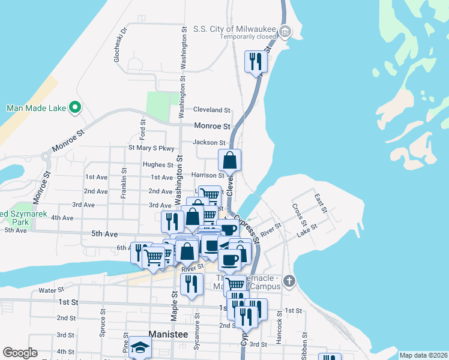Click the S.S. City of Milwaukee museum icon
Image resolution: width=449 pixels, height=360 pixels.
pyautogui.click(x=286, y=31)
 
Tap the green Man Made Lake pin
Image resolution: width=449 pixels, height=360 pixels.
pyautogui.click(x=75, y=108)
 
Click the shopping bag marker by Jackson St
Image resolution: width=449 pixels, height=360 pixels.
pyautogui.click(x=229, y=161)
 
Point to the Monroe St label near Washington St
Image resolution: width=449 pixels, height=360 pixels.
pyautogui.click(x=212, y=127)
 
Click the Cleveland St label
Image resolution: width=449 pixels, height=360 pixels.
pyautogui.click(x=211, y=110)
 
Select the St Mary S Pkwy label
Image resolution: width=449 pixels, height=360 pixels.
pyautogui.click(x=151, y=148)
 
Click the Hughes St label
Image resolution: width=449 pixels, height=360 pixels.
pyautogui.click(x=158, y=164)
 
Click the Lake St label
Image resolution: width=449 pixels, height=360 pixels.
pyautogui.click(x=307, y=229)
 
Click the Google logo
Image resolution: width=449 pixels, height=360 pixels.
pyautogui.click(x=20, y=353)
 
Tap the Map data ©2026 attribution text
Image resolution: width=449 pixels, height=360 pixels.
pyautogui.click(x=423, y=355)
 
